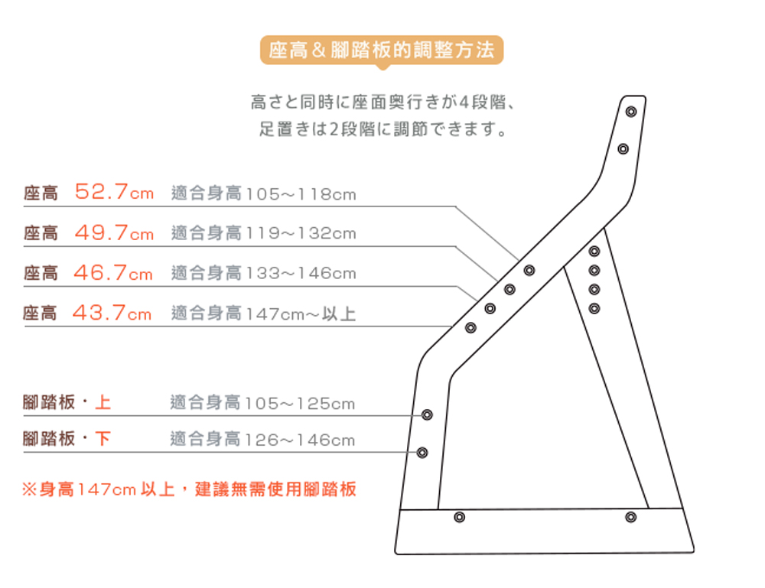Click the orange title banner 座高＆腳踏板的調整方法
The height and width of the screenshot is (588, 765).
(382, 50)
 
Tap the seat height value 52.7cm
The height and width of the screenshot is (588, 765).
(114, 192)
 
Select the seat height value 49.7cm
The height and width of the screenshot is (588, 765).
(114, 232)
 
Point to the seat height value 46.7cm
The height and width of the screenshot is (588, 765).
(113, 272)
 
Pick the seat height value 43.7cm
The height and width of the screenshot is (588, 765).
(112, 313)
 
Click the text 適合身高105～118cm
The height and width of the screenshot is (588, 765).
(263, 193)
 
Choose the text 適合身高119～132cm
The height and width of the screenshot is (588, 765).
(263, 233)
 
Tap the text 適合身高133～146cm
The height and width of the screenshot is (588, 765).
(263, 273)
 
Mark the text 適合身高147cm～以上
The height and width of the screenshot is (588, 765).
(263, 313)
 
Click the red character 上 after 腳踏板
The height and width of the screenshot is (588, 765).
(103, 402)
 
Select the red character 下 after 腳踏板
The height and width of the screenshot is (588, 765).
(103, 438)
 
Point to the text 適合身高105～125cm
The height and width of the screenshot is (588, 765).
(262, 403)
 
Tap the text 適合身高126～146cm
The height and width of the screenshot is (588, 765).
(262, 440)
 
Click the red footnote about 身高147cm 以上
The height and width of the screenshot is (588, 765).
(189, 489)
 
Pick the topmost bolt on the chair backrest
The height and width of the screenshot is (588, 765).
(631, 112)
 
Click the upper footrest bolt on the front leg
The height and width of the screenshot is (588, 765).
(427, 415)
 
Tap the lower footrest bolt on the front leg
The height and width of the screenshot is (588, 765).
(422, 453)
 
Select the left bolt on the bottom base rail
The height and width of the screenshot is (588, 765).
(459, 517)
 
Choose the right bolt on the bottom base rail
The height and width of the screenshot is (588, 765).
(631, 517)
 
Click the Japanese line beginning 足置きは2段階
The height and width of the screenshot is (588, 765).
(383, 129)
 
